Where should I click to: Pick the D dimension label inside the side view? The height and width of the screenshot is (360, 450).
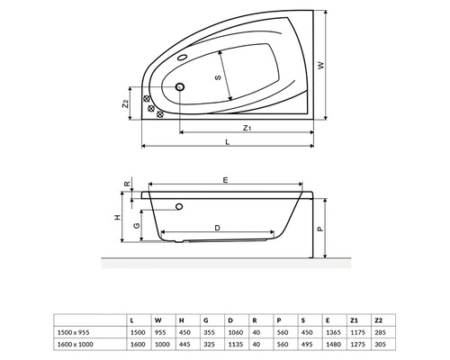[217, 228]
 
